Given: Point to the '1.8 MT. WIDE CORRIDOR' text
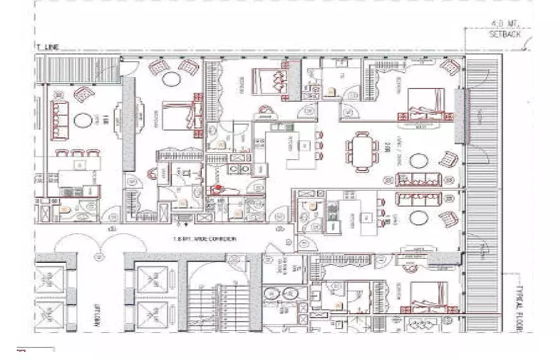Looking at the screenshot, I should point(205,240).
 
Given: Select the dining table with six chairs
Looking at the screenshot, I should point(362,151).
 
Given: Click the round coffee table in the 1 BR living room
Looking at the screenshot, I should point(82,120).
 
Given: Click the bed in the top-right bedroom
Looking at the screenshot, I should point(426,104).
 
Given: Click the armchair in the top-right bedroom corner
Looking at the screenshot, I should point(450,66).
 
